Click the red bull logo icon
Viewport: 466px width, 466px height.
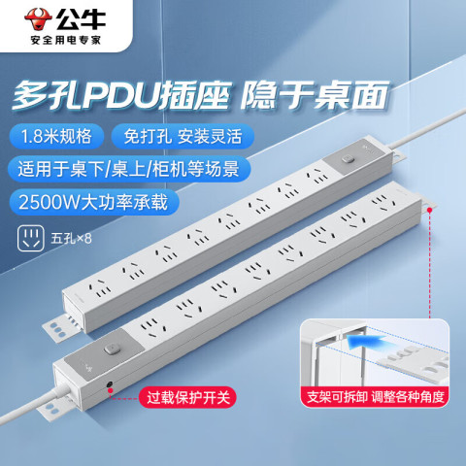point(38,18)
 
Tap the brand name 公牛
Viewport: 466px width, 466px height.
point(81,18)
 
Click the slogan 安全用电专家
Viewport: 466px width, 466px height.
point(66,40)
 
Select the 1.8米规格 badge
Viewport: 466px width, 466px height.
point(56,136)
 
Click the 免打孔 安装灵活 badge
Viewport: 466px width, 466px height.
point(183,136)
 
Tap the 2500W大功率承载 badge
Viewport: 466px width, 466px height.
point(94,202)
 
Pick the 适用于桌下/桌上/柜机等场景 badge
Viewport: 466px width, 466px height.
point(129,169)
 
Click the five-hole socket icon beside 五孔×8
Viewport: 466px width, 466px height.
point(31,239)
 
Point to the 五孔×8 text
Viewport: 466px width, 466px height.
point(71,239)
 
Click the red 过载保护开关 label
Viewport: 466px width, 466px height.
point(188,397)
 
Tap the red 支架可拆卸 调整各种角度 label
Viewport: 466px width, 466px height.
point(376,397)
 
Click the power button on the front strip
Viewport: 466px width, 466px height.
point(112,349)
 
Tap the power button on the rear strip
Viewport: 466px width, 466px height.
point(348,159)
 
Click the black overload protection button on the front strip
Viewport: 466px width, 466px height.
point(110,384)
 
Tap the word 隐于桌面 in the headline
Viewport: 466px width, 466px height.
point(315,95)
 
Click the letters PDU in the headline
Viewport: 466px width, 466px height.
point(120,95)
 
